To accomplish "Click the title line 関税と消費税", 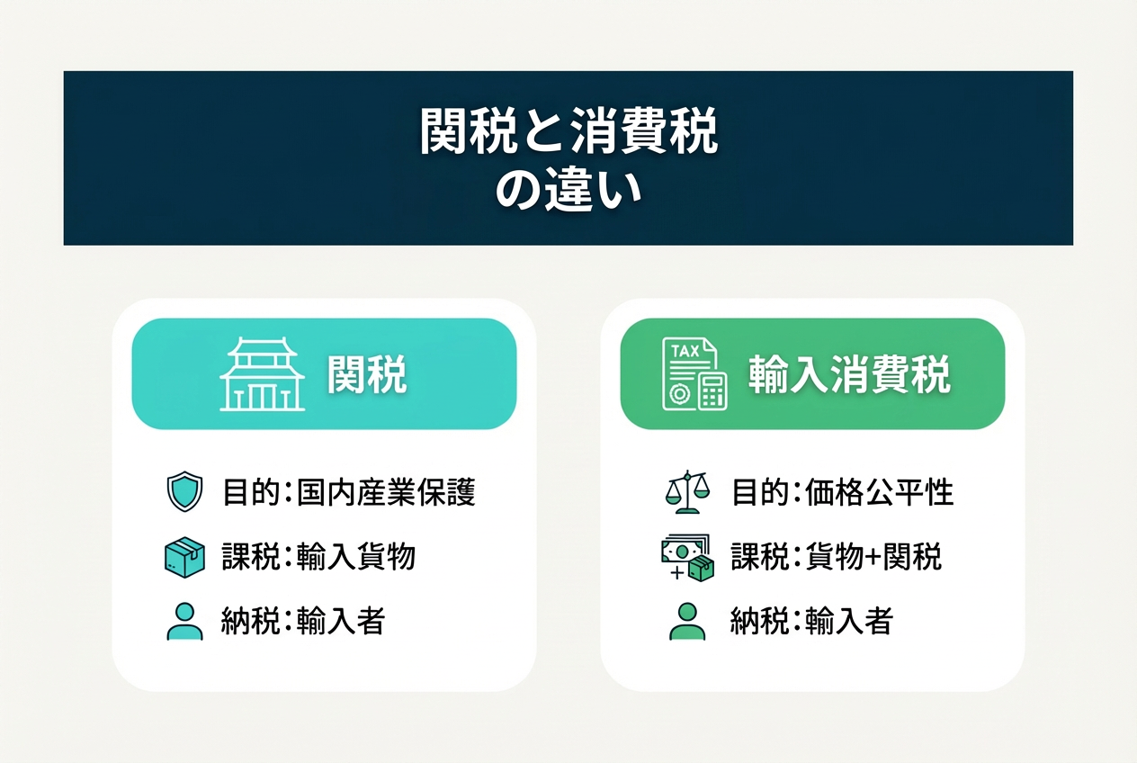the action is click(x=568, y=130).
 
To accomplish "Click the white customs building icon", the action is click(x=262, y=373).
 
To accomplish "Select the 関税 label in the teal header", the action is click(x=367, y=374).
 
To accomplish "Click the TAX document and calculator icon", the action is click(x=694, y=373).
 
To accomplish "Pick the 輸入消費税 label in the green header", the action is click(x=849, y=374).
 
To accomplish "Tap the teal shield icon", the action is click(x=184, y=491).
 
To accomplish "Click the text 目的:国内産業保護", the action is click(x=349, y=492).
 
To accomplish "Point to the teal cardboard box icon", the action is click(x=184, y=557).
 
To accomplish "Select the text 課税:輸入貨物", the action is click(x=318, y=556).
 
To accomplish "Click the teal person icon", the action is click(x=184, y=622).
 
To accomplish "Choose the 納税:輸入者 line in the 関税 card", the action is click(x=303, y=621).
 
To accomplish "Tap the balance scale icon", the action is click(x=687, y=491).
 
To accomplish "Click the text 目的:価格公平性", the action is click(x=843, y=492).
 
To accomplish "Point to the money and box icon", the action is click(x=688, y=558).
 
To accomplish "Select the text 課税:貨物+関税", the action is click(x=837, y=556).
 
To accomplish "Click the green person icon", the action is click(x=687, y=622).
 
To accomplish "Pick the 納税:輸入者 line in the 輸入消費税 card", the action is click(x=811, y=621).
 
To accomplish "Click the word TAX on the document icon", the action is click(x=685, y=351).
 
